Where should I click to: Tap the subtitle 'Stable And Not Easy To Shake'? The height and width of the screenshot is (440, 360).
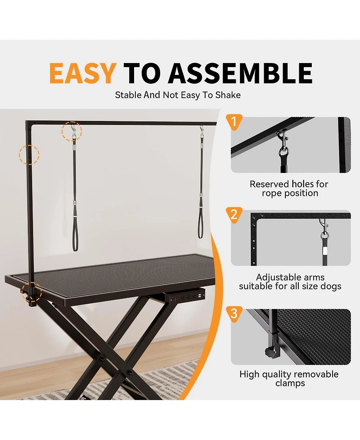point(178,95)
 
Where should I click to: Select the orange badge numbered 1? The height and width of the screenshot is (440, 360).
point(233,122)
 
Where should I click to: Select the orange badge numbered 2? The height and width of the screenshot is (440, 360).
point(233,214)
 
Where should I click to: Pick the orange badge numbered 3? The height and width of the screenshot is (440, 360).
point(233,313)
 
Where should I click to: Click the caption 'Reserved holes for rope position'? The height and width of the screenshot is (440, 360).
point(289,189)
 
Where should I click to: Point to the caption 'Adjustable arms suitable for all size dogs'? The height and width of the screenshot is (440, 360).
point(290,282)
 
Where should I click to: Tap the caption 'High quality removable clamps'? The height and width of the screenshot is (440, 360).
point(289,379)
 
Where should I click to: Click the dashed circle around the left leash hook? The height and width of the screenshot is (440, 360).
point(72,131)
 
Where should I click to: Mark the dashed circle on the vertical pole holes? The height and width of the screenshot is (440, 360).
point(29,154)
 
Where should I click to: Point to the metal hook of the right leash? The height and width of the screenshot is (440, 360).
point(202,132)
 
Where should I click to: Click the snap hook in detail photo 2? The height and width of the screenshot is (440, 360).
point(323,230)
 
